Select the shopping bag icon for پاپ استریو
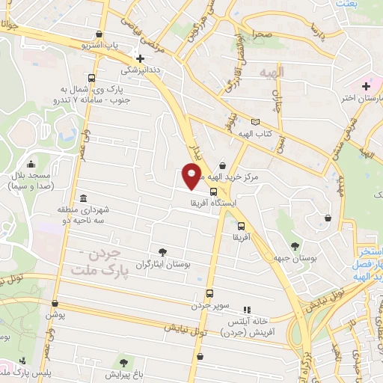[x=99, y=34]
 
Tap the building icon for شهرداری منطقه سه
[x=83, y=198]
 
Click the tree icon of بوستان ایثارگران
[x=163, y=252]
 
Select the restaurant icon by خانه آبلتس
[x=248, y=308]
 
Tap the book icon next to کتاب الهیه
[x=256, y=122]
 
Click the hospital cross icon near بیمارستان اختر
[x=366, y=87]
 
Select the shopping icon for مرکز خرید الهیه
[x=222, y=166]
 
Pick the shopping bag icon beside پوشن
[x=55, y=304]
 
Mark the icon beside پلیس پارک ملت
[x=22, y=361]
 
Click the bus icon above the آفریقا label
[x=240, y=225]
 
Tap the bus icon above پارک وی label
[x=91, y=78]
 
